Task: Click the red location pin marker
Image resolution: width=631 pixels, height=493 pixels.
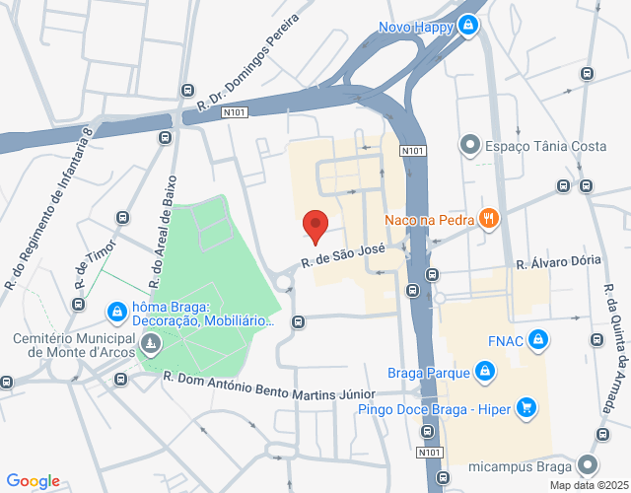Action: click(315, 227)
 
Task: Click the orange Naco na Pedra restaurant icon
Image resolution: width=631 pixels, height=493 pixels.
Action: click(487, 219)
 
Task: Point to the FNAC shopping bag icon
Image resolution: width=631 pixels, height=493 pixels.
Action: click(537, 341)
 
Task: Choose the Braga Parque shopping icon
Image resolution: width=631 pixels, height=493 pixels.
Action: click(483, 372)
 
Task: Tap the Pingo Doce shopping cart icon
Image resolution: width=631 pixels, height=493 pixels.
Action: click(526, 406)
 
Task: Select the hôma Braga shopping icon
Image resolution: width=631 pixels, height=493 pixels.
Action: click(116, 313)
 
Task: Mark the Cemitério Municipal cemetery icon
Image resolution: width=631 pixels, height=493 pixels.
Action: click(150, 344)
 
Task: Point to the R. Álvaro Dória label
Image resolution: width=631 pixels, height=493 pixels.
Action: click(558, 263)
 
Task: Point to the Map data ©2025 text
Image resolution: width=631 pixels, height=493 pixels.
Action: click(589, 485)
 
